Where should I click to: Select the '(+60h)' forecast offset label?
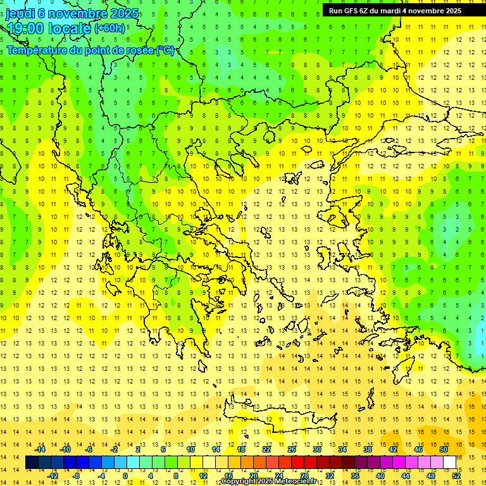click(110, 28)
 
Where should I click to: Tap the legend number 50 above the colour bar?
click(443, 449)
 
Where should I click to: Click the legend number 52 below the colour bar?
click(456, 475)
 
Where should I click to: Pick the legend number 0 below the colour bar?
click(125, 475)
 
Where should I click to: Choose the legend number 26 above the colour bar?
click(292, 449)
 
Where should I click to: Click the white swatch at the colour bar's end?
click(449, 463)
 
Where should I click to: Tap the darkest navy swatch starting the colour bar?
click(32, 463)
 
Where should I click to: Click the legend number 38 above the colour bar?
click(367, 449)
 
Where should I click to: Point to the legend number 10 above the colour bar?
click(190, 449)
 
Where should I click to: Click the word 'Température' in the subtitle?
click(37, 51)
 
